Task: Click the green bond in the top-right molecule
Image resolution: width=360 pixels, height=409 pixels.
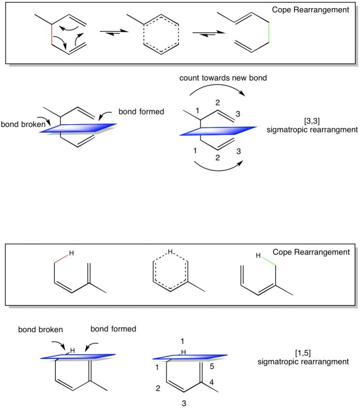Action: (268, 32)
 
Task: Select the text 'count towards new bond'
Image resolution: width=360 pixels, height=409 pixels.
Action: (223, 78)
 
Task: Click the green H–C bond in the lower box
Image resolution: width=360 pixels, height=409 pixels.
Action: (268, 261)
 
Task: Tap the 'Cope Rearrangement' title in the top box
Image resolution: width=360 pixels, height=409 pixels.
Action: (310, 9)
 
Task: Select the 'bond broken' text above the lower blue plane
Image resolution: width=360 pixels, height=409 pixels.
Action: (41, 329)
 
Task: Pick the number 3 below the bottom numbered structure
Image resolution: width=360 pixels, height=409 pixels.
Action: (184, 402)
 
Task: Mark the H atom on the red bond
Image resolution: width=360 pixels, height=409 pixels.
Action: (71, 254)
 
